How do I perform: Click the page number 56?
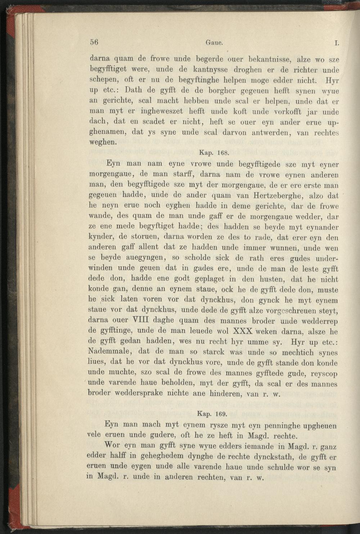pyautogui.click(x=94, y=42)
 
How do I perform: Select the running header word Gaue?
pyautogui.click(x=214, y=42)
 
